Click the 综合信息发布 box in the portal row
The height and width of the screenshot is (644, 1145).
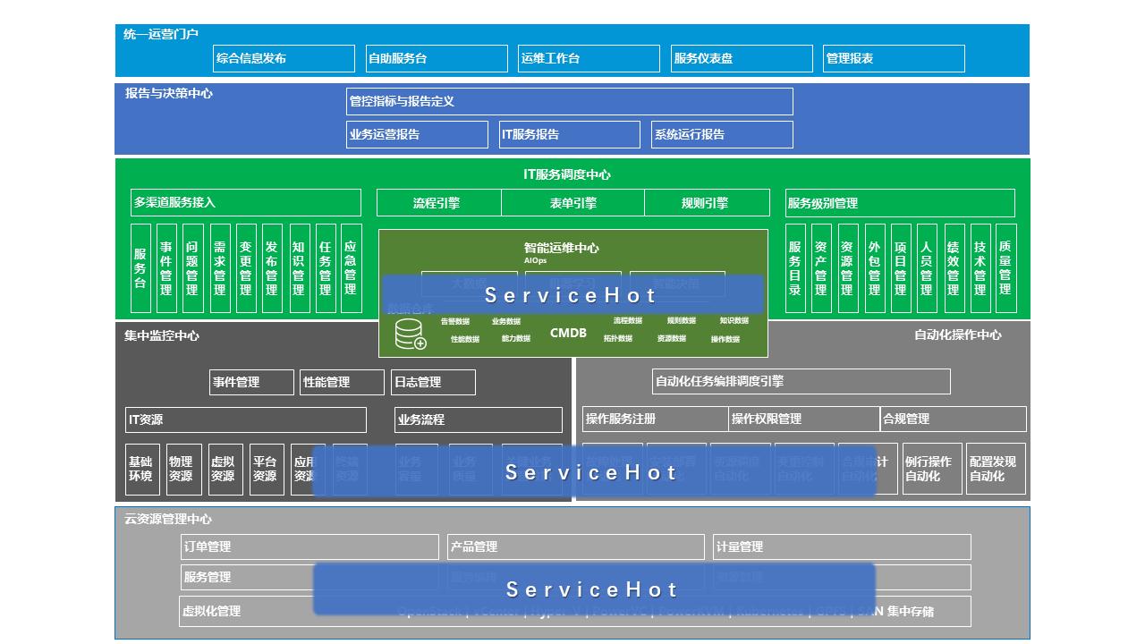(284, 58)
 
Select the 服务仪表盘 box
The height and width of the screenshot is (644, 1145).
(742, 58)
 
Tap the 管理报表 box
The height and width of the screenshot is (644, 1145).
(894, 58)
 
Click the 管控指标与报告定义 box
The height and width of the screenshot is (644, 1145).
(569, 101)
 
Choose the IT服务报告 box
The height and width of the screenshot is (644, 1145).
(569, 134)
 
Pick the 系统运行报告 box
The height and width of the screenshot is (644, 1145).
(722, 134)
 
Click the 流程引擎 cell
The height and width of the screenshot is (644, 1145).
(437, 203)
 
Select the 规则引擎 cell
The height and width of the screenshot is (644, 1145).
(706, 203)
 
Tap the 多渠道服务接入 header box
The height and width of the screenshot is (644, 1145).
(246, 202)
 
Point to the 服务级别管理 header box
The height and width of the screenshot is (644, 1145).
(899, 203)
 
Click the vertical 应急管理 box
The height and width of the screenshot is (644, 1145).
(351, 267)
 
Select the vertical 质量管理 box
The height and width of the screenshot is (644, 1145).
(1005, 267)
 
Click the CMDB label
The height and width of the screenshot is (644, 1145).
(568, 333)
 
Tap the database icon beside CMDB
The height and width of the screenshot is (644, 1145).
(411, 334)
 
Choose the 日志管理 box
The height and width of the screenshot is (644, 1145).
(433, 382)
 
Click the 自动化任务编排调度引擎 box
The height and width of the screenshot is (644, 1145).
(801, 381)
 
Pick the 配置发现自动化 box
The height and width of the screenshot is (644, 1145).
(996, 469)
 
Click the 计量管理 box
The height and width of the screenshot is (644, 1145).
(841, 547)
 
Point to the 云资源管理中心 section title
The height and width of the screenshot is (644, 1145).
(168, 519)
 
